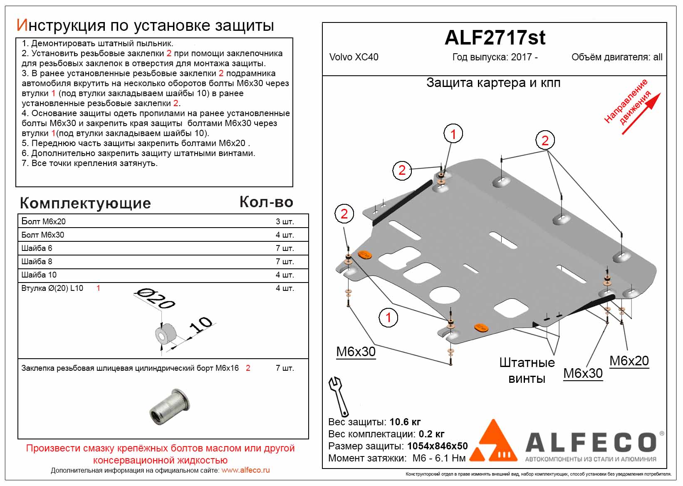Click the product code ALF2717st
(495, 38)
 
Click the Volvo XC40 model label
(354, 57)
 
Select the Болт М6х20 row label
(44, 221)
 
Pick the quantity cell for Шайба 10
(285, 275)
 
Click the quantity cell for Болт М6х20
(285, 222)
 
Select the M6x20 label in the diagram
(629, 361)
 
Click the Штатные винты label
(527, 370)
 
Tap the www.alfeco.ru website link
(245, 470)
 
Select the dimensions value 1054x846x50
(437, 446)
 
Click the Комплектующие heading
(85, 203)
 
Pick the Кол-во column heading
(266, 202)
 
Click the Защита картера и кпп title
(493, 83)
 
